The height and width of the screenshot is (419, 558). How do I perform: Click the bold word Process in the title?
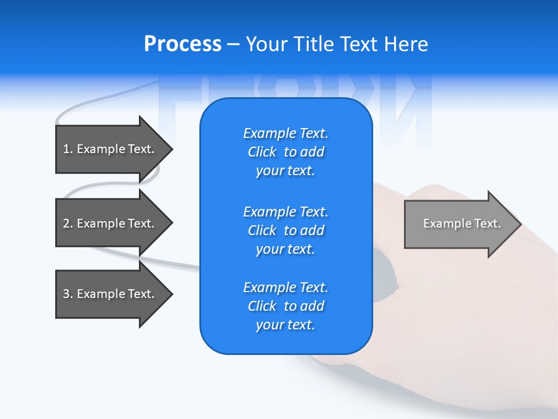coord(183,44)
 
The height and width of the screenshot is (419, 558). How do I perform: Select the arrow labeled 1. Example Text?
coord(110,149)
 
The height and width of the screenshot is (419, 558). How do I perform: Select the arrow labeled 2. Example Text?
coord(110,223)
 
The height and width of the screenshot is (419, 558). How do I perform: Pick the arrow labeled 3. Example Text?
coord(110,294)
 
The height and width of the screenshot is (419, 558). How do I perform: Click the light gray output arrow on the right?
coord(459,224)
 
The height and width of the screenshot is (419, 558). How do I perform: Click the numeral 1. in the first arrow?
coord(67,149)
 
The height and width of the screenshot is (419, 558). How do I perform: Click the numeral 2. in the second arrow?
coord(67,223)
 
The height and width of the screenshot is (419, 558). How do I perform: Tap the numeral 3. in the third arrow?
coord(67,294)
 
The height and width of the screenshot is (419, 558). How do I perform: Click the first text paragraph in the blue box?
coord(285,152)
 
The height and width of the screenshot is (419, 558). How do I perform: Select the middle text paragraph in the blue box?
coord(285,230)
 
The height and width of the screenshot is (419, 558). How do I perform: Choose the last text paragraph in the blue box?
coord(285,306)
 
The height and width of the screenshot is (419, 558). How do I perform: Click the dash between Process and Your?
coord(234,44)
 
